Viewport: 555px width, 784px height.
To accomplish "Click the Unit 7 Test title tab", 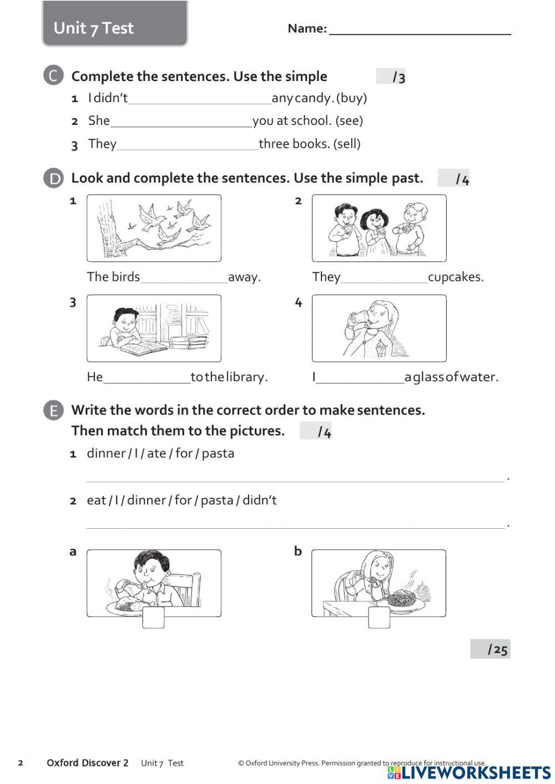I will click(115, 25).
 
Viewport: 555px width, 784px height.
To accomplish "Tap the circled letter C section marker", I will click(53, 76).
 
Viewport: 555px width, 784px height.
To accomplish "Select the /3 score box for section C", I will click(391, 77).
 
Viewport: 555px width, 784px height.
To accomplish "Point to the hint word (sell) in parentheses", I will click(347, 144).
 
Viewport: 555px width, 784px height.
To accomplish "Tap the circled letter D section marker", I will click(53, 178).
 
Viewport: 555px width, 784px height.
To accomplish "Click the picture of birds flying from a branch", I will click(154, 228).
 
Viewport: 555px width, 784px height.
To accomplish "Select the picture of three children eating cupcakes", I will click(379, 228).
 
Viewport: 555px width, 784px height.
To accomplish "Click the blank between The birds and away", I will click(184, 278).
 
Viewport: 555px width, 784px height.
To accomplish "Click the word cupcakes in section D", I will click(456, 277).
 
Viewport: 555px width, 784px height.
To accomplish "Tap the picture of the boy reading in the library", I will click(154, 328).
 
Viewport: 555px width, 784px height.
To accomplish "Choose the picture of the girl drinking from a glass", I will click(379, 328).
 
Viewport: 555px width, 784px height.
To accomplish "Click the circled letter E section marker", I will click(53, 411).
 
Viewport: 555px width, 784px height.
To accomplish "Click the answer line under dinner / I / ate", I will click(295, 477).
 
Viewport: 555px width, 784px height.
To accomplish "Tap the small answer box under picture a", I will click(153, 618).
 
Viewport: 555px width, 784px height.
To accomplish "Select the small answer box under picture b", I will click(379, 618).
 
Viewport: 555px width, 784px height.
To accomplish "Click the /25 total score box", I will click(490, 649).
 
